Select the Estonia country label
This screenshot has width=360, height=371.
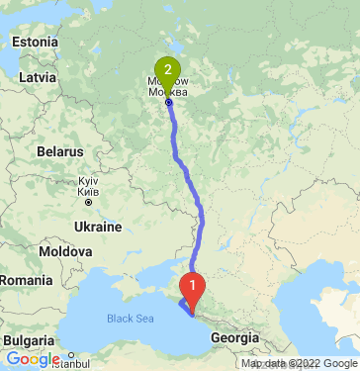pos(37,43)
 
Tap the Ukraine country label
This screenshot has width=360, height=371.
pos(97,227)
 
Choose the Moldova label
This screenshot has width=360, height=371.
pos(66,252)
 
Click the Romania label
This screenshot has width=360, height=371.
pos(24,281)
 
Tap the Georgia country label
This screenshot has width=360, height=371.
pos(235,337)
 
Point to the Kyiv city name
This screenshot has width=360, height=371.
pos(87,183)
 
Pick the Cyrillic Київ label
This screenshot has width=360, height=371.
pos(87,193)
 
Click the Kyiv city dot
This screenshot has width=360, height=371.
pos(92,202)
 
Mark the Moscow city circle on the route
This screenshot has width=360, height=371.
pos(168,102)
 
